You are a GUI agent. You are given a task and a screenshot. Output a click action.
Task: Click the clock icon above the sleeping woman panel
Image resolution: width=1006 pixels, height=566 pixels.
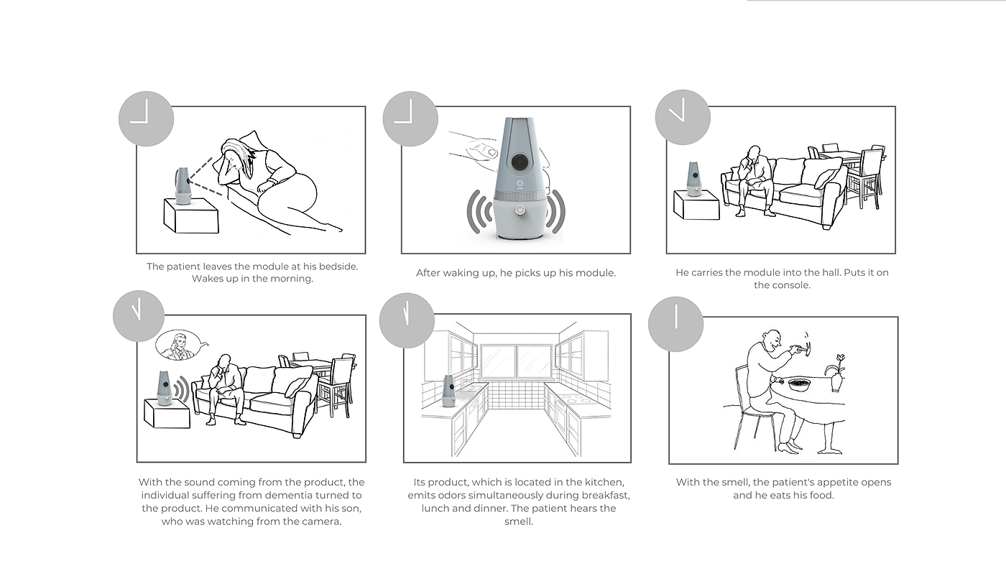point(146,119)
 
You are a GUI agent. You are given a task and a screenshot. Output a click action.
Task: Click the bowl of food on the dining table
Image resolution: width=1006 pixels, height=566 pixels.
point(799,385)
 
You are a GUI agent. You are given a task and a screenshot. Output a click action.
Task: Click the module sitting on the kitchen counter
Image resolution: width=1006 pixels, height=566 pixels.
point(448,391)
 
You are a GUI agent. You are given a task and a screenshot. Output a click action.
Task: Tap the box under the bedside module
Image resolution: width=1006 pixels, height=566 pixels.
point(191,216)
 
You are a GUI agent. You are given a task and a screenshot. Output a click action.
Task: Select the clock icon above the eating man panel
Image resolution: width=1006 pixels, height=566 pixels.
point(676,324)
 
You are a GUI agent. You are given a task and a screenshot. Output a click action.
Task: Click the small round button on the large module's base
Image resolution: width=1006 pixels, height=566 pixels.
point(521,210)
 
